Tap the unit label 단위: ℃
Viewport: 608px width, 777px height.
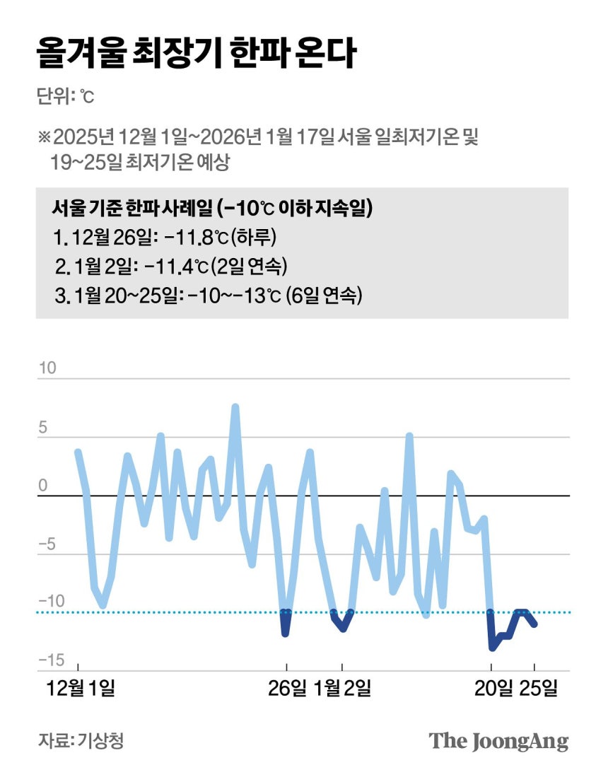pos(65,96)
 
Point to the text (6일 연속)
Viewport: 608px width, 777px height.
pos(324,296)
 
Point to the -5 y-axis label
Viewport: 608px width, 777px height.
pos(47,544)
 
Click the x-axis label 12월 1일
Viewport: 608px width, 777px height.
pos(78,688)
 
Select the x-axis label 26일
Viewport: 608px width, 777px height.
pos(287,688)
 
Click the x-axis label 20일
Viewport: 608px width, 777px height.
pos(493,688)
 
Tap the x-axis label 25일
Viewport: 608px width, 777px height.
pos(538,688)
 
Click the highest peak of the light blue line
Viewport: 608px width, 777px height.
pos(235,407)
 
